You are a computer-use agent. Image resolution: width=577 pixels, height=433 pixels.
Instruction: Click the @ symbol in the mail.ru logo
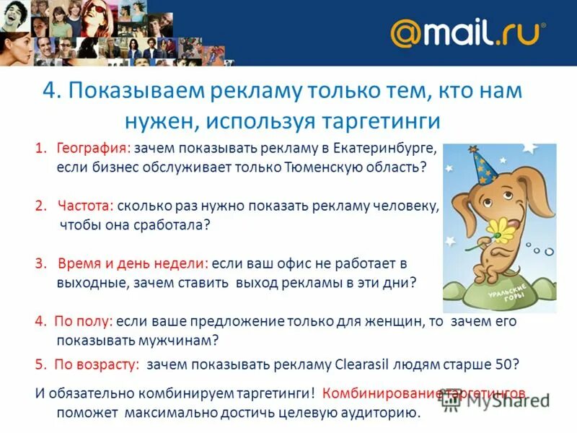pyautogui.click(x=407, y=33)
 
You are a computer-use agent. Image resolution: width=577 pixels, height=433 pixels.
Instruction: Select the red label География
pyautogui.click(x=90, y=149)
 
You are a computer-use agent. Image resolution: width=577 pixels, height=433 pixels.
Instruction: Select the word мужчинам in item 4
pyautogui.click(x=180, y=339)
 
